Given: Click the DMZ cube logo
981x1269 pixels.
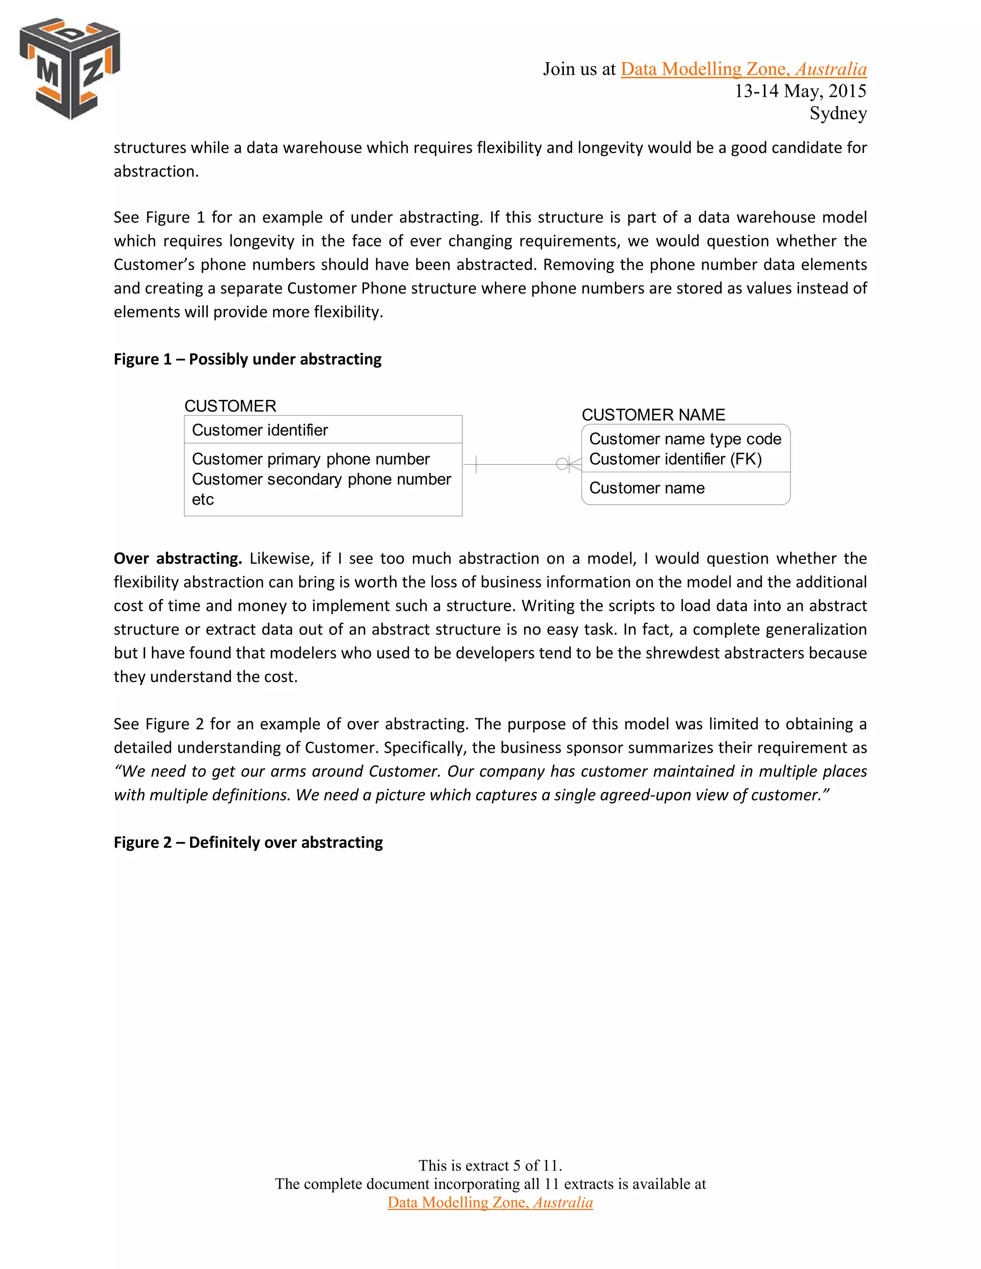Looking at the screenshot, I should coord(70,68).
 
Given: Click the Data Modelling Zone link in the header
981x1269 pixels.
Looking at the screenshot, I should coord(743,69).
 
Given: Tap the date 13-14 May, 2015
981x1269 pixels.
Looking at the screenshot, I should coord(800,91).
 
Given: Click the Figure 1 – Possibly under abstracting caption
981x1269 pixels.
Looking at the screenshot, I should coord(248,359).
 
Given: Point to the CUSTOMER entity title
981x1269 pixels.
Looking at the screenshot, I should coord(230,406).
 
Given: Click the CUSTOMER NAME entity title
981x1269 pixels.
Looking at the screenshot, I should coord(653,415).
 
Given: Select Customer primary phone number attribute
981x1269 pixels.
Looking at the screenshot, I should coord(310,459).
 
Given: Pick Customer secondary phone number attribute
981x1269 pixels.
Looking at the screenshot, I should coord(321,479).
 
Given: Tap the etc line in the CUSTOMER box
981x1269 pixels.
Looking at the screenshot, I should coord(203,499).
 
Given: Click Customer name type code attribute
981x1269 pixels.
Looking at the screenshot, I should coord(684,439).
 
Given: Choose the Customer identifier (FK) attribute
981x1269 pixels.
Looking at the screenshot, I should coord(675,459).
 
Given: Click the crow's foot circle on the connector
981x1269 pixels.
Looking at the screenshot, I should coord(562,464).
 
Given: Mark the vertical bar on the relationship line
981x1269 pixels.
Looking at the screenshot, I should coord(476,464).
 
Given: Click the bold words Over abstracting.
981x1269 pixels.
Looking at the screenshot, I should coord(178,558).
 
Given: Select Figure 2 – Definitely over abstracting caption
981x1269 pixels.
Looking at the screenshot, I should coord(248,842).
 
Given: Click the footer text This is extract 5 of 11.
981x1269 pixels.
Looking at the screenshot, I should coord(490,1165).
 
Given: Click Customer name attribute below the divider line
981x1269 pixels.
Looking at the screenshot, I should coord(646,488).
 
